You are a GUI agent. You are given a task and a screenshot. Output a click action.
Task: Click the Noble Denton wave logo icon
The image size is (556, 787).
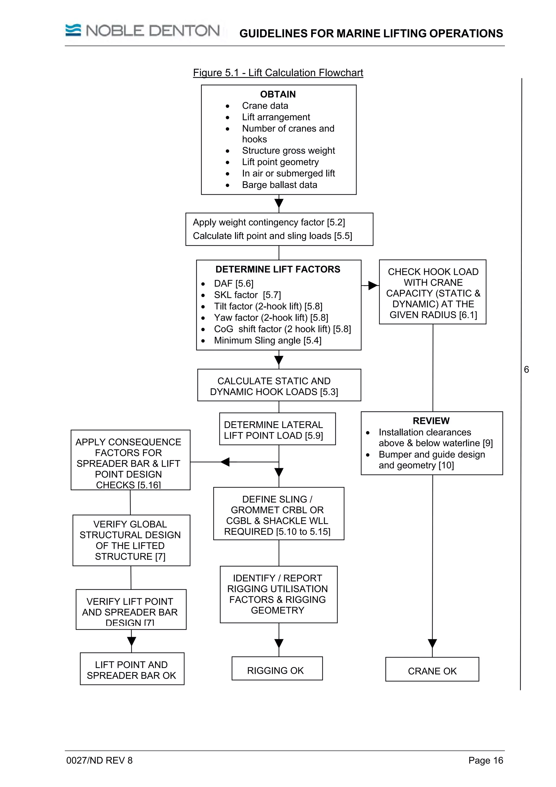73,30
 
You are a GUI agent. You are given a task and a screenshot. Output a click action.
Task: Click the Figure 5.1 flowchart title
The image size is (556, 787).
278,73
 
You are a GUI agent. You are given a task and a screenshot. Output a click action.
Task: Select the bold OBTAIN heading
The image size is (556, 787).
278,94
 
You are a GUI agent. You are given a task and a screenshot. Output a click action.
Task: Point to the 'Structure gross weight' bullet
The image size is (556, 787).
288,150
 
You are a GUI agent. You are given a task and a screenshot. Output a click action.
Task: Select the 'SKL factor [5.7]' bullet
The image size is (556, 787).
247,295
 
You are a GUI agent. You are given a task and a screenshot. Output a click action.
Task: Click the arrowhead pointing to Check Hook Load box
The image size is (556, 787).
373,285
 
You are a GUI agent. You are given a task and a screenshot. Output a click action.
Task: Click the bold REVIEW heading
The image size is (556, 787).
431,421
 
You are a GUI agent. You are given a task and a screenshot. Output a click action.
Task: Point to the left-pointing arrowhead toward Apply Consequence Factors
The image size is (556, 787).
225,462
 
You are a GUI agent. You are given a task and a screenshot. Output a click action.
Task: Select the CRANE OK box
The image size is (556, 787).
432,671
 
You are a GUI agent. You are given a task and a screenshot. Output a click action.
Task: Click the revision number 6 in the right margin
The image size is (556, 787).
526,370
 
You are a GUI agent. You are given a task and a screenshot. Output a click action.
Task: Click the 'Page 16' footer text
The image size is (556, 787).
485,760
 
